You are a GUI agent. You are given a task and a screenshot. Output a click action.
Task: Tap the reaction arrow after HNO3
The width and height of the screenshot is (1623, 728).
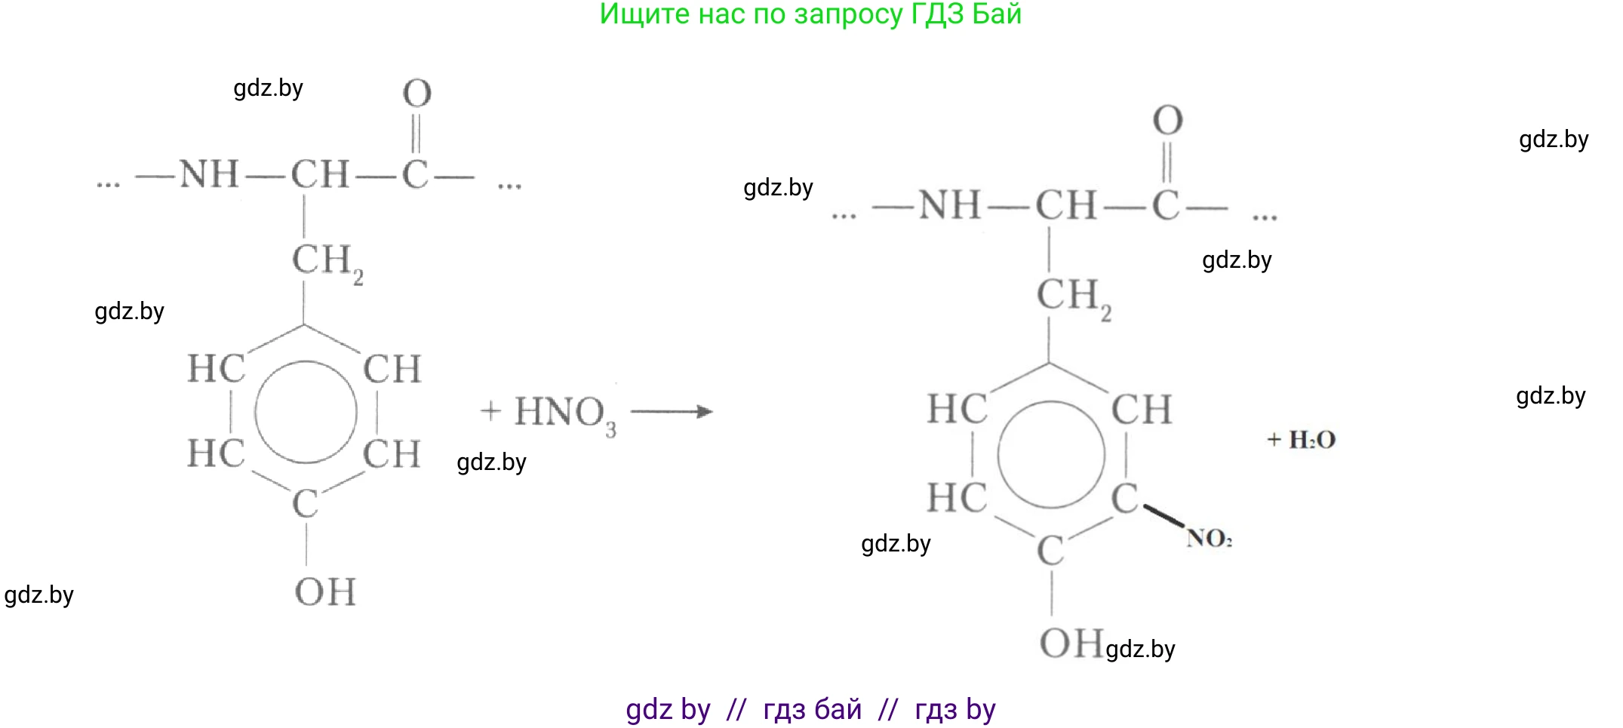(x=672, y=411)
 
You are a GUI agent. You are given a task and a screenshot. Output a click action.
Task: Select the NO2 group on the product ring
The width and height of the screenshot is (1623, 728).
(x=1209, y=538)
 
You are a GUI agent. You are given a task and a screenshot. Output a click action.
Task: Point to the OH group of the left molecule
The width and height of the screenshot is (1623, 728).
(x=324, y=591)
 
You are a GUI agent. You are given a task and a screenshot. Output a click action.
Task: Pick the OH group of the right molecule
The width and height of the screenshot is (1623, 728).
(x=1071, y=644)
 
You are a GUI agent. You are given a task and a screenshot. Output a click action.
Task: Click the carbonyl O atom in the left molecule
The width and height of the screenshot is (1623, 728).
(x=417, y=94)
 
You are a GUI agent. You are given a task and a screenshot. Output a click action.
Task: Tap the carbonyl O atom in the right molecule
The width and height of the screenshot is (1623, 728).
(x=1167, y=121)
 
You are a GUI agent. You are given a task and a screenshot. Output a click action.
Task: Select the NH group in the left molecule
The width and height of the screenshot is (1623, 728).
(x=209, y=174)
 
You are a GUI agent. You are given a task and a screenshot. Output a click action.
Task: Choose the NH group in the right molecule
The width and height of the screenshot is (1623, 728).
(x=950, y=205)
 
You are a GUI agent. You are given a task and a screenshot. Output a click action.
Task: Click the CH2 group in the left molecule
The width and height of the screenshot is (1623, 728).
(x=327, y=263)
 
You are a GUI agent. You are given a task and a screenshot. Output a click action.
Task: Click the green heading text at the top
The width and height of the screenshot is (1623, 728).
(x=810, y=15)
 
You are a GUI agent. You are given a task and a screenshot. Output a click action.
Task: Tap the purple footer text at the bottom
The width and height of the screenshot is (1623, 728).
(x=810, y=709)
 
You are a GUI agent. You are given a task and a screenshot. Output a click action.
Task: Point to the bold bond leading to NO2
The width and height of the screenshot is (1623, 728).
(x=1164, y=516)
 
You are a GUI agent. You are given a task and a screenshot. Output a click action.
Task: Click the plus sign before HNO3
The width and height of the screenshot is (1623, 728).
(x=490, y=411)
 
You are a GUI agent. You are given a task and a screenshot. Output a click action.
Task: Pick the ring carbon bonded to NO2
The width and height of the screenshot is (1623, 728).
(x=1124, y=498)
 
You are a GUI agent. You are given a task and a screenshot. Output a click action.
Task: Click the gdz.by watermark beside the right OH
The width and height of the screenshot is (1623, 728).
(x=1140, y=650)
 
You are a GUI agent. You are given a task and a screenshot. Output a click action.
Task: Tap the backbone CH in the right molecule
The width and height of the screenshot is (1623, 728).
(x=1065, y=205)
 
